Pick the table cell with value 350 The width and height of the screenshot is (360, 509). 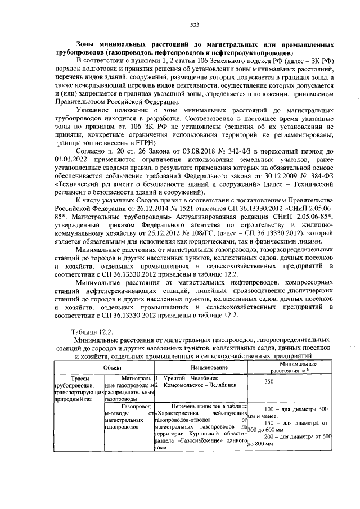[269, 381]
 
